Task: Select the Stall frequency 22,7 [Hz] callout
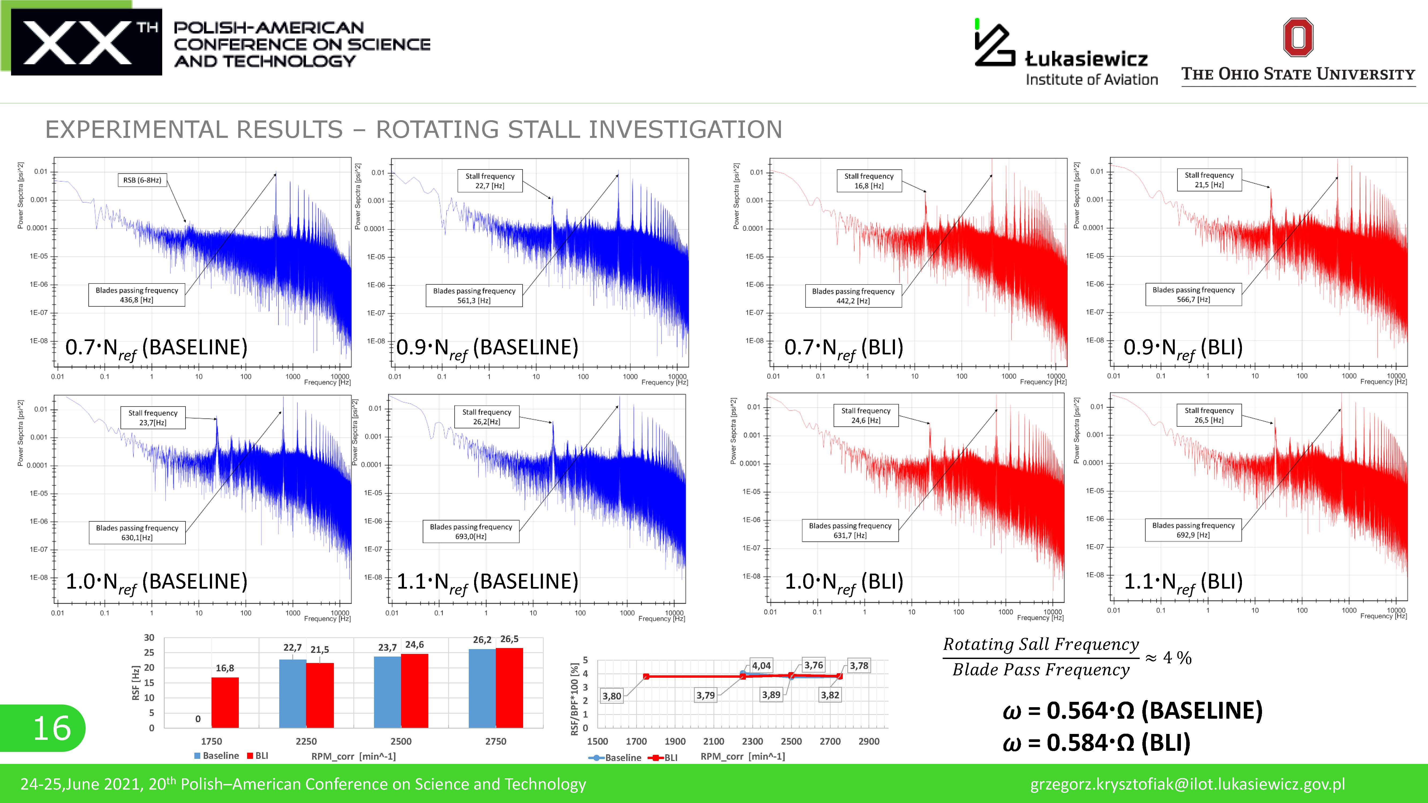489,181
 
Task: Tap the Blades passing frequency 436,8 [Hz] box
137,295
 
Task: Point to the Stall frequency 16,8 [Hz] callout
869,181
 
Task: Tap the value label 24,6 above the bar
415,645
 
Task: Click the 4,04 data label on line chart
761,666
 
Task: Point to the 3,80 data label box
612,696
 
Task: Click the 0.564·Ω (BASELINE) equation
1132,710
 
